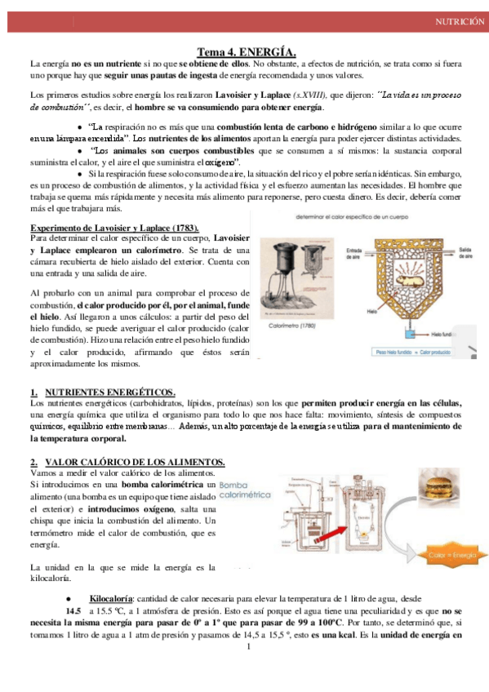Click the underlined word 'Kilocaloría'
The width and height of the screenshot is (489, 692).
coord(112,597)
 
